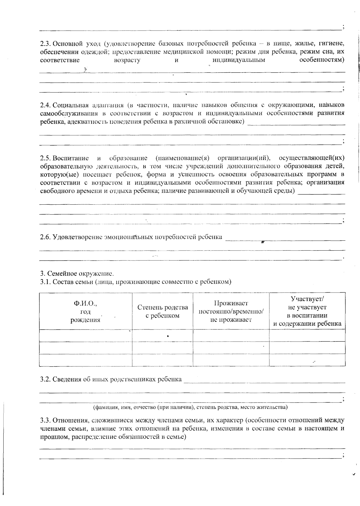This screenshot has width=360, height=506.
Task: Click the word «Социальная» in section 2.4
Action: click(x=70, y=105)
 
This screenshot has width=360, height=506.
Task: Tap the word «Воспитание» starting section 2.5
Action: click(x=70, y=158)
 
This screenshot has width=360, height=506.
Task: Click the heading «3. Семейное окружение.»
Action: click(x=77, y=274)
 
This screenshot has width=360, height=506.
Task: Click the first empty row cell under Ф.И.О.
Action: click(x=85, y=336)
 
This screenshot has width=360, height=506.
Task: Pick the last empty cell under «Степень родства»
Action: click(x=163, y=360)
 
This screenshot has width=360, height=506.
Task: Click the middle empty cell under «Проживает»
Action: click(x=231, y=348)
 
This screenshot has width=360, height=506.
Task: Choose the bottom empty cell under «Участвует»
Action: click(x=307, y=360)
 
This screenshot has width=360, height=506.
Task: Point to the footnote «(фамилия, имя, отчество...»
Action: click(x=190, y=407)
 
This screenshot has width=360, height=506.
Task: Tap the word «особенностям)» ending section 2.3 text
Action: click(x=322, y=60)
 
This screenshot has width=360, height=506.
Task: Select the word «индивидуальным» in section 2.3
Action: click(x=239, y=60)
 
